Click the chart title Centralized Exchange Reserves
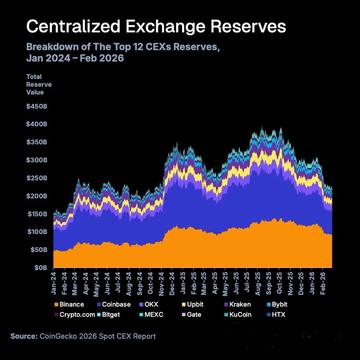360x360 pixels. [x=156, y=26]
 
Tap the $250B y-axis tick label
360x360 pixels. [x=37, y=178]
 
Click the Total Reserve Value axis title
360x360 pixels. [x=39, y=84]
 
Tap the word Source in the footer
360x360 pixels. [x=24, y=336]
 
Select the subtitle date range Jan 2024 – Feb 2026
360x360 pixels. [x=75, y=59]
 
